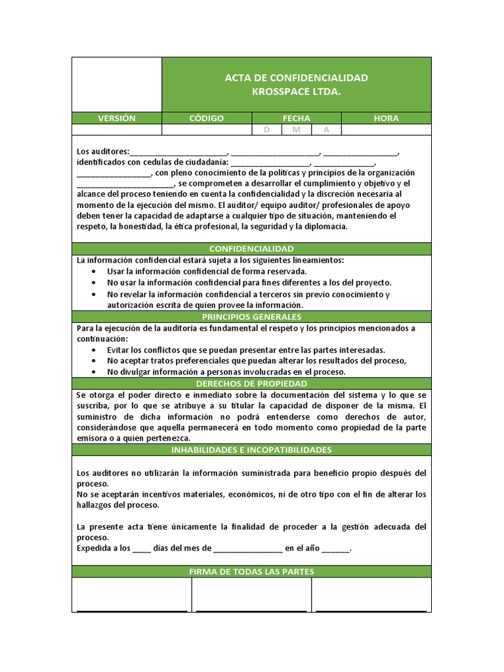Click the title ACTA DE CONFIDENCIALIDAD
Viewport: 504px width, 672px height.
coord(296,77)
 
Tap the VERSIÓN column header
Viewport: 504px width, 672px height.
coord(117,118)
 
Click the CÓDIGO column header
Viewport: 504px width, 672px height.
coord(207,118)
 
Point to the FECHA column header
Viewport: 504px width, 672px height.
coord(297,118)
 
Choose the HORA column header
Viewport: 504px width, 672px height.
coord(386,118)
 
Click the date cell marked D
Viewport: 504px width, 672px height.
coord(266,130)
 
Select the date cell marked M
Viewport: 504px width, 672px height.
coord(297,130)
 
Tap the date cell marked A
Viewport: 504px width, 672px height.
coord(326,130)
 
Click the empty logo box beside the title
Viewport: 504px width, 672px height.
coord(117,84)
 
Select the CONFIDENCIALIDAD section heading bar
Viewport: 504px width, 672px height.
coord(251,249)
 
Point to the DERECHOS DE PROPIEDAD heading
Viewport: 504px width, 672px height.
coord(251,383)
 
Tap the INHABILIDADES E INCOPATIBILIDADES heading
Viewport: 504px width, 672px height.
coord(251,450)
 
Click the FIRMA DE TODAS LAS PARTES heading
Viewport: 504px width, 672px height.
coord(251,572)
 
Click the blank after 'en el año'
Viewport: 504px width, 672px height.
coord(335,549)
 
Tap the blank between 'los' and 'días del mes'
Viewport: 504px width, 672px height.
coord(142,549)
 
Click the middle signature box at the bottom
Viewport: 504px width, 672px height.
coord(251,595)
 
